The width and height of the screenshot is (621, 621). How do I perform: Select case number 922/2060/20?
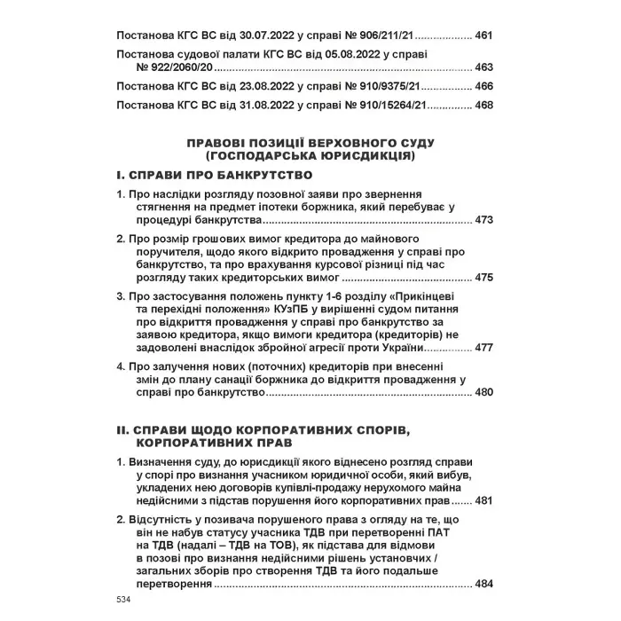176,67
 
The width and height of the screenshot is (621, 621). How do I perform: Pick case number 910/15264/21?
396,106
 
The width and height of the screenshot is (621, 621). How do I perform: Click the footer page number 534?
123,601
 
